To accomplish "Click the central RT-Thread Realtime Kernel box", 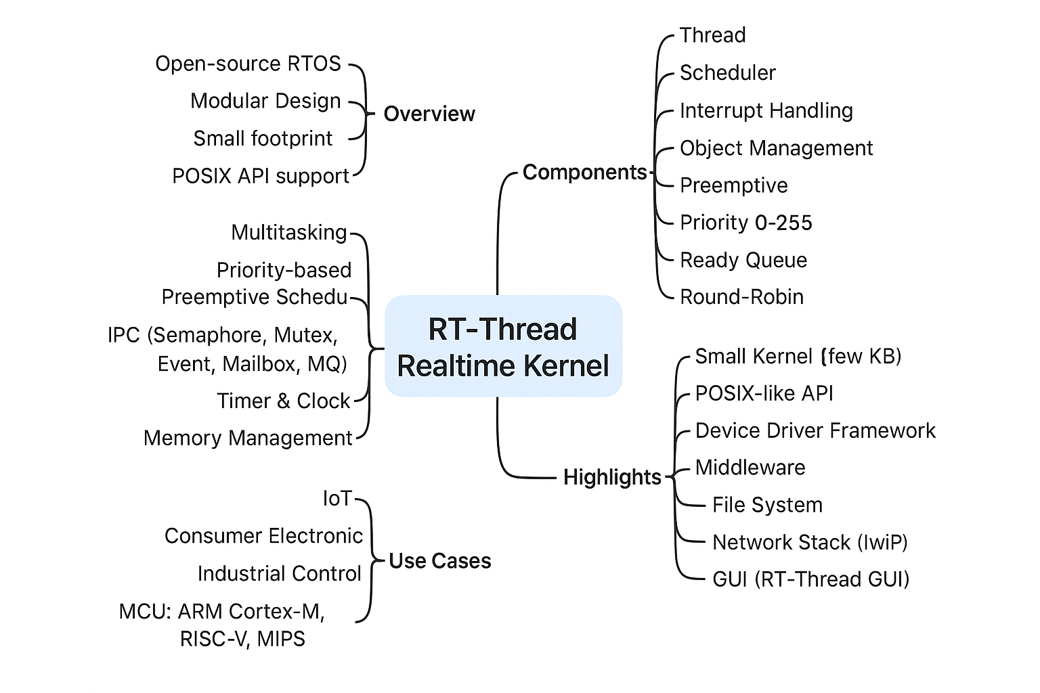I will [x=503, y=346].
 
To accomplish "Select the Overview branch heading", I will [x=429, y=114].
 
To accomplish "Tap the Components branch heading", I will [x=584, y=173].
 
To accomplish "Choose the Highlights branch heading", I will [x=612, y=477].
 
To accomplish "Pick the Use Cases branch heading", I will [x=440, y=561].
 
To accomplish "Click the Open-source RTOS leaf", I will [x=248, y=64].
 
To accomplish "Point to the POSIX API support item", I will [x=261, y=176].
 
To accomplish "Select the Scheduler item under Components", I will [x=727, y=73].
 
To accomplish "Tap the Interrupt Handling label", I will [x=766, y=111].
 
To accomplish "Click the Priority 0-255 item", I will [x=745, y=223].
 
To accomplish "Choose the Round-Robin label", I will [x=741, y=297].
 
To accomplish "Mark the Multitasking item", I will [x=289, y=233].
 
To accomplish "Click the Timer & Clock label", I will [x=284, y=401].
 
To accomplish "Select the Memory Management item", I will [x=248, y=439].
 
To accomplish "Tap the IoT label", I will [x=337, y=499].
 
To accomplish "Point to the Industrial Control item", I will [x=280, y=574].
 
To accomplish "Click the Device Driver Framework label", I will [x=815, y=430].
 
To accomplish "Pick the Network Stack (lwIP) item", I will [x=810, y=542].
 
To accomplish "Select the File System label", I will [x=767, y=505].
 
